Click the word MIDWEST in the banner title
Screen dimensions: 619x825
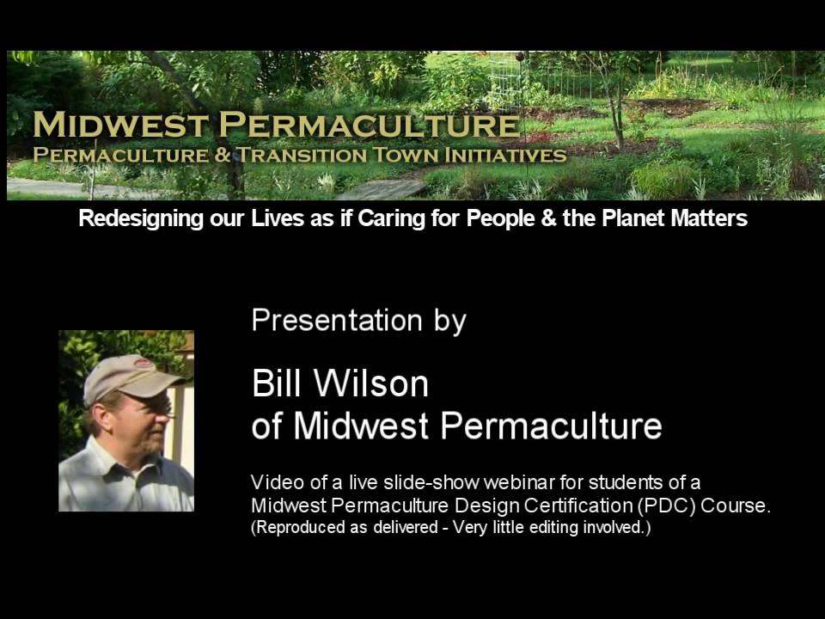(119, 126)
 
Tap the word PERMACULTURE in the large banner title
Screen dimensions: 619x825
(370, 126)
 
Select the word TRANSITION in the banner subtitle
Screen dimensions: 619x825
(302, 156)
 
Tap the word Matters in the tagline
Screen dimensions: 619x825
(712, 218)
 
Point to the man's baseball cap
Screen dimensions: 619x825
(129, 376)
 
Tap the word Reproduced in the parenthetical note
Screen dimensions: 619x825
(291, 527)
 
